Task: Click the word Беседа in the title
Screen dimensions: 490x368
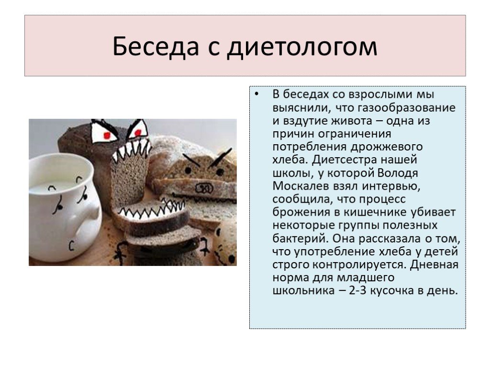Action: (156, 46)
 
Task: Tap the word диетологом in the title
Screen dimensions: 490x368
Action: (302, 47)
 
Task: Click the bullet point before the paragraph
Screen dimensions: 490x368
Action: (257, 94)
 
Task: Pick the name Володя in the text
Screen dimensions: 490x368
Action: (398, 173)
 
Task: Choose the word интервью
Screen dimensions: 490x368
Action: (391, 186)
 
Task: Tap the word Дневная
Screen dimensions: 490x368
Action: (434, 264)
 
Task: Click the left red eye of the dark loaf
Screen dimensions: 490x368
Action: (107, 136)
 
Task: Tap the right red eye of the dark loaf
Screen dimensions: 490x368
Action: (138, 133)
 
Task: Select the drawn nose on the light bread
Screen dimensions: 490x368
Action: (204, 188)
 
